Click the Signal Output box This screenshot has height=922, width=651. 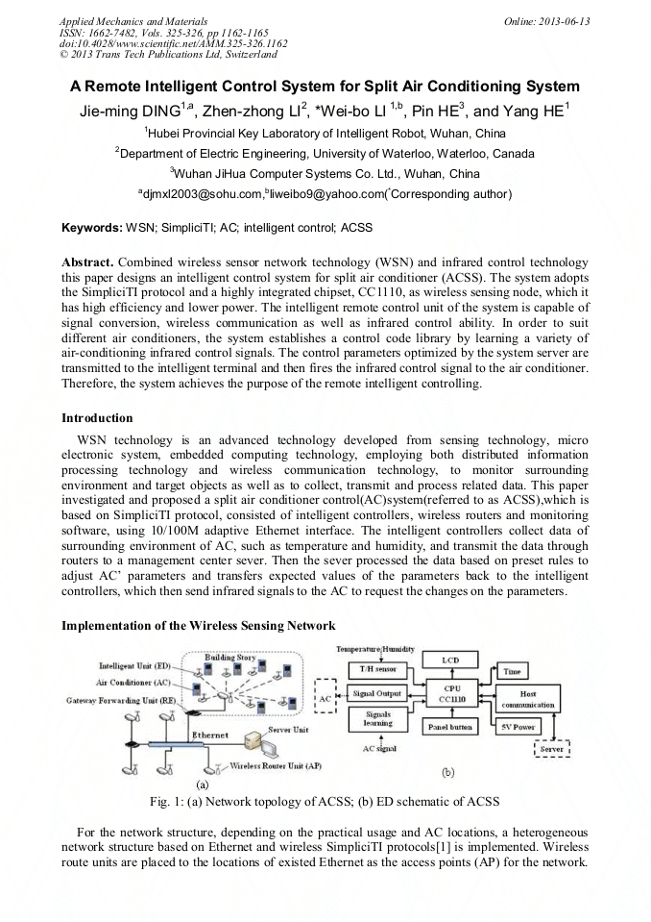pyautogui.click(x=376, y=693)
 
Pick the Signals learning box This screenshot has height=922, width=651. pyautogui.click(x=376, y=719)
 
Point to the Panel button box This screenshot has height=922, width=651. pyautogui.click(x=448, y=727)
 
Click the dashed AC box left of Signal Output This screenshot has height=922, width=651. pyautogui.click(x=325, y=695)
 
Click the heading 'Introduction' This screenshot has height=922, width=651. pyautogui.click(x=97, y=418)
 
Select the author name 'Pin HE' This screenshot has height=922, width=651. pyautogui.click(x=438, y=111)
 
